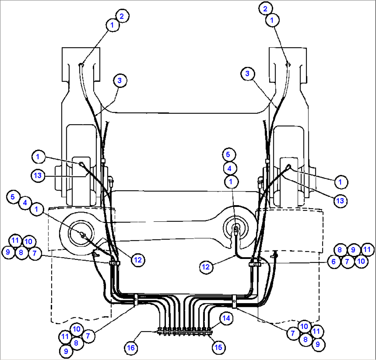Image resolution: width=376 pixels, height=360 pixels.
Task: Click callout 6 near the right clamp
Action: pos(334,261)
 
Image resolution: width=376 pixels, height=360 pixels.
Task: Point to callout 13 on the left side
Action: pos(38,176)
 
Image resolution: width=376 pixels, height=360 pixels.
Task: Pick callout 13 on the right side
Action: pos(340,201)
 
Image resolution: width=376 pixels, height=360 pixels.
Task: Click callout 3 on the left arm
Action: pos(120,81)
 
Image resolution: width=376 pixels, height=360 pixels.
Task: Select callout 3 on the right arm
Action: pos(248,73)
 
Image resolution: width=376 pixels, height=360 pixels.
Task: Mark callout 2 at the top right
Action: pos(265,9)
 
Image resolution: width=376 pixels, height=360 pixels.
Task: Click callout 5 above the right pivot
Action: pos(229,154)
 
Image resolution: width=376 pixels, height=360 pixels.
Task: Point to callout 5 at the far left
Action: pos(13,197)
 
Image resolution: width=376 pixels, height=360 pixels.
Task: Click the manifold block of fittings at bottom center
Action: pos(185,332)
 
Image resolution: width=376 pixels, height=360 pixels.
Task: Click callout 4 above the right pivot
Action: pos(229,168)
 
